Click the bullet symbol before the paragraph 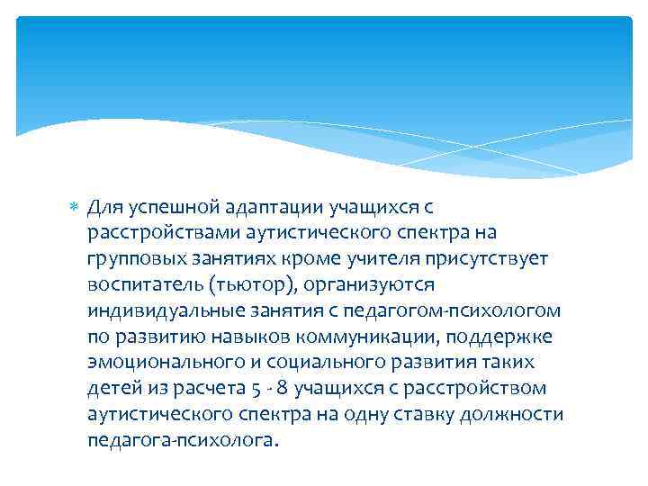point(74,208)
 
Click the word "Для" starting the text point(103,208)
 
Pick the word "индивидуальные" point(148,311)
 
